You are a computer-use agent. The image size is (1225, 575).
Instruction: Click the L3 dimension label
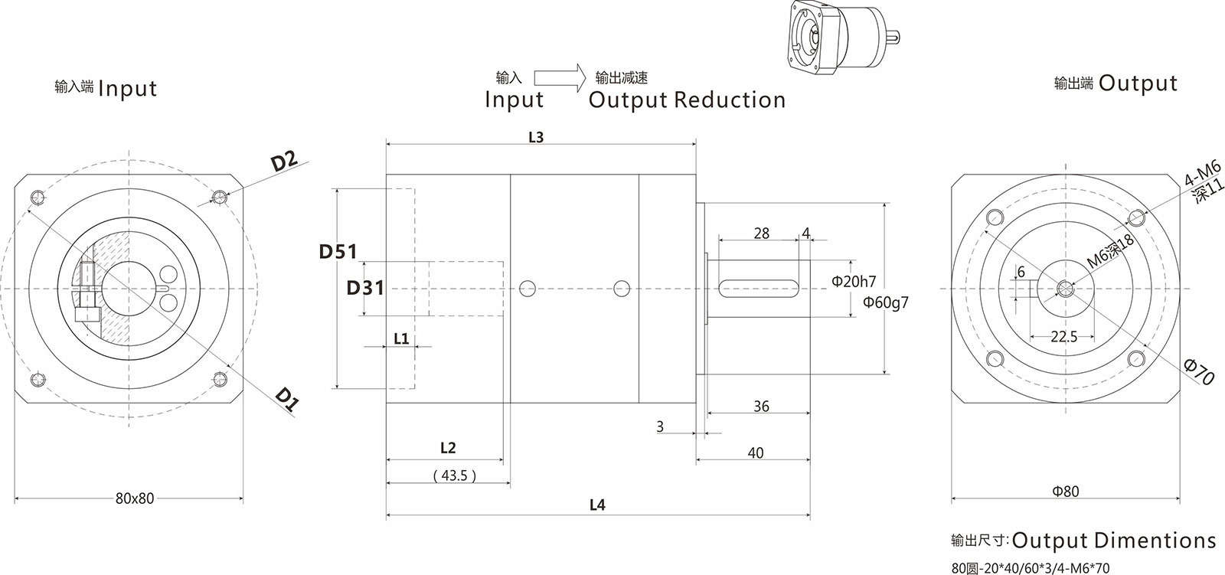tap(536, 137)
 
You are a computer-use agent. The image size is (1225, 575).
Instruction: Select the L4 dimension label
tap(598, 505)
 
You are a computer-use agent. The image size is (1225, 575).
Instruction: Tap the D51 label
tap(338, 251)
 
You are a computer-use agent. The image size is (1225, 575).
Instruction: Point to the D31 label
tap(365, 288)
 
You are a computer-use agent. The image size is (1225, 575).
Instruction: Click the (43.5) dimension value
tap(454, 475)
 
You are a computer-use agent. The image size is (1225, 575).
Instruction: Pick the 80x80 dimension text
tap(135, 498)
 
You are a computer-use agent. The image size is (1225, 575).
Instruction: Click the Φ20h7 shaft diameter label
tap(854, 282)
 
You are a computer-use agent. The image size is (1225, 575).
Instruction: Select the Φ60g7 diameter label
tap(886, 302)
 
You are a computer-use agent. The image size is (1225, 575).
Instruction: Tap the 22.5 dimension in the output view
tap(1064, 336)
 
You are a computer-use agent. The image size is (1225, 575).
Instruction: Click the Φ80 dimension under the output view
tap(1066, 492)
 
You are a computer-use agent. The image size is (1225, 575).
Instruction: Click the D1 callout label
tap(286, 400)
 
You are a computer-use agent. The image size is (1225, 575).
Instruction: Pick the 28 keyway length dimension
tap(761, 234)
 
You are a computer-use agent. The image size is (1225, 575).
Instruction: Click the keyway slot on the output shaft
tap(755, 288)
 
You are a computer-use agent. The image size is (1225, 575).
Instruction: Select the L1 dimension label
tap(401, 338)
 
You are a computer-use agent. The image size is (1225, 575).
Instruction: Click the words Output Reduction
tap(687, 100)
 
